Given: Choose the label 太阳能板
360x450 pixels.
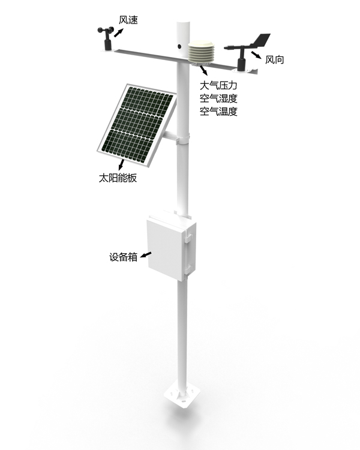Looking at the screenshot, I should [118, 178].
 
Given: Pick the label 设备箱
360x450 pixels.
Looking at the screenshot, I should [124, 257].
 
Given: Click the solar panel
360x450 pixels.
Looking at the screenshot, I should [136, 122].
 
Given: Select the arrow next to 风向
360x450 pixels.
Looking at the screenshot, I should [256, 56].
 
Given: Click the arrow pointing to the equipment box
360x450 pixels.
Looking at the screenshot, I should [145, 254].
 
